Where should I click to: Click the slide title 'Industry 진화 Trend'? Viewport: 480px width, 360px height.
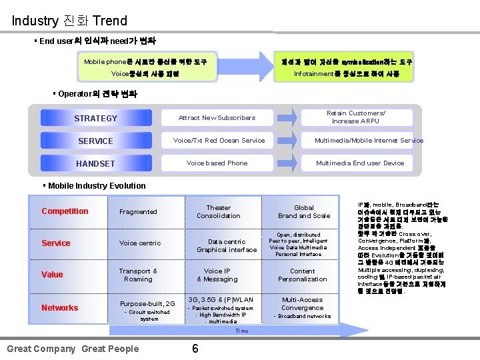[x=69, y=20]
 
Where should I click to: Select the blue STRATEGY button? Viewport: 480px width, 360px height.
[x=95, y=118]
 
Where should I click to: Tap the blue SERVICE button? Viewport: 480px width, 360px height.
[x=95, y=141]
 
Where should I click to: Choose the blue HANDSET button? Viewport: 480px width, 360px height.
[x=95, y=163]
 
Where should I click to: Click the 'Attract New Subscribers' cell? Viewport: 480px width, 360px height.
[x=217, y=118]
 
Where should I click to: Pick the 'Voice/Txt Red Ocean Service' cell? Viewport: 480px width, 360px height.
[x=219, y=141]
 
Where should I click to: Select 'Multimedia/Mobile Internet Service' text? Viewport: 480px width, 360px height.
[x=369, y=141]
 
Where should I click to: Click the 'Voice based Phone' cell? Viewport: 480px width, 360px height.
[x=217, y=163]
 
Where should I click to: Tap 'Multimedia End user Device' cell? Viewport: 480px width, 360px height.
[x=360, y=163]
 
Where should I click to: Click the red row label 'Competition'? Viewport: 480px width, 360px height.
[x=65, y=211]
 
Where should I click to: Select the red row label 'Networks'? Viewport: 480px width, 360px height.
[x=59, y=308]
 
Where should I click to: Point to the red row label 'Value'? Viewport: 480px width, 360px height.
[x=52, y=275]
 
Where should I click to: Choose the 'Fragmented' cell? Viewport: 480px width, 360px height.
[x=138, y=212]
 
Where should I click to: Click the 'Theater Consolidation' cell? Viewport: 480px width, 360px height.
[x=219, y=212]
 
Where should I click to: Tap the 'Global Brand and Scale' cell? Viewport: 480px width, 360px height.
[x=304, y=212]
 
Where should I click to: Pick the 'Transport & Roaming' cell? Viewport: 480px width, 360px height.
[x=138, y=275]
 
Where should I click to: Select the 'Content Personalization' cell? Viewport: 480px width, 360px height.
[x=303, y=275]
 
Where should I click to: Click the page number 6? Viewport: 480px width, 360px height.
[x=195, y=349]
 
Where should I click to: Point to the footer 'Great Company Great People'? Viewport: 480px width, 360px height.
[x=73, y=349]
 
